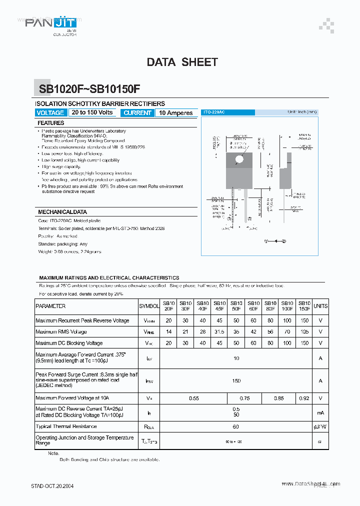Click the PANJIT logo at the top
click(x=47, y=23)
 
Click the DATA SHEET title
click(x=182, y=62)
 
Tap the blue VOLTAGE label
click(x=50, y=113)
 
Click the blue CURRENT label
click(x=137, y=113)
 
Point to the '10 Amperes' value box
click(x=175, y=113)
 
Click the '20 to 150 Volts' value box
click(x=92, y=112)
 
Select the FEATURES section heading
click(x=51, y=123)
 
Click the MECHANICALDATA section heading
click(x=62, y=212)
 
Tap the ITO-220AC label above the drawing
click(x=213, y=112)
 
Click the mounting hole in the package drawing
click(x=239, y=159)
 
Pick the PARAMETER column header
click(x=50, y=306)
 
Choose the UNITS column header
click(x=320, y=306)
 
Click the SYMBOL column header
click(x=148, y=306)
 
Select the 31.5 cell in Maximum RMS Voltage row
click(x=219, y=332)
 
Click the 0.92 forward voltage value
click(x=303, y=398)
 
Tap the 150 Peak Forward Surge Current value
click(x=236, y=381)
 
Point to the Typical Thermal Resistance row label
click(x=66, y=426)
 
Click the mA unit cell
click(x=320, y=412)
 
